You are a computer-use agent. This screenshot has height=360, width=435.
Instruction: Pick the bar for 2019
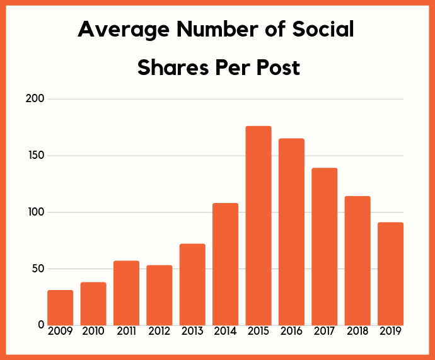391,274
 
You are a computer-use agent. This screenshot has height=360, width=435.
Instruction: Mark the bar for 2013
192,284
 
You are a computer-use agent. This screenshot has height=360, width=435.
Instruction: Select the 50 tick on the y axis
38,269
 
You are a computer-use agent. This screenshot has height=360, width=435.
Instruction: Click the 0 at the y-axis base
41,325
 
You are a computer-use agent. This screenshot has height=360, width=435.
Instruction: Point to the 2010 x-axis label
93,331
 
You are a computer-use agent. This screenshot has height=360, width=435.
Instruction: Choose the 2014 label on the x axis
226,331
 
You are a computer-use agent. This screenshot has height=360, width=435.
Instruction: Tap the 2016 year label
292,331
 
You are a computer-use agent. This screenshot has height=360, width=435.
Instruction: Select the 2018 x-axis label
358,331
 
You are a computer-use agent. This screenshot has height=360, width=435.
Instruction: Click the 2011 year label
126,331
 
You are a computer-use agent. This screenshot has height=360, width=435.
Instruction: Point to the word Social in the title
323,30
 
